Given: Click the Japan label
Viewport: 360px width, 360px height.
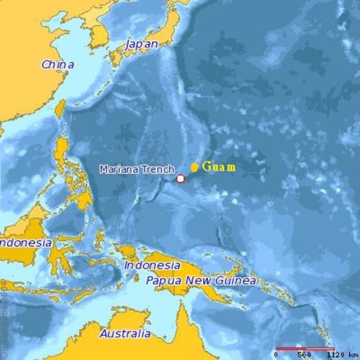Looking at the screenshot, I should pyautogui.click(x=142, y=43).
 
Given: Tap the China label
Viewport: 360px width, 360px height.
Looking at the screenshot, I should pyautogui.click(x=57, y=64).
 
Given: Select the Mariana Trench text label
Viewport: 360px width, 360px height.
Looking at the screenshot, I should pyautogui.click(x=137, y=169).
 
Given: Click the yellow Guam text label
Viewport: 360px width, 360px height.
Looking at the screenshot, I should pyautogui.click(x=219, y=166).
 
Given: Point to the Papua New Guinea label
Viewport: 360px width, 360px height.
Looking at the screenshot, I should pyautogui.click(x=201, y=280).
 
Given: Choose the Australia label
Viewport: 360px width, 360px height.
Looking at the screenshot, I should pyautogui.click(x=125, y=334).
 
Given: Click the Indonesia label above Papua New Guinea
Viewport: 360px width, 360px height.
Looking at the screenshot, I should pyautogui.click(x=152, y=265).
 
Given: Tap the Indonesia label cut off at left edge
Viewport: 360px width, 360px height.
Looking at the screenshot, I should pyautogui.click(x=26, y=243).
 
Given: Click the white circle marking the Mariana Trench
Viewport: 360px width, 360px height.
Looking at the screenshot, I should pyautogui.click(x=181, y=179).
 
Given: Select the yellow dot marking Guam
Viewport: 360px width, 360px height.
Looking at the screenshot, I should pyautogui.click(x=194, y=167).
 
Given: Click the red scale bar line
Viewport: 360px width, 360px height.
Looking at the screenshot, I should pyautogui.click(x=304, y=349).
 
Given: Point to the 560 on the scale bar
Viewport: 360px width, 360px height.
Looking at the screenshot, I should pyautogui.click(x=304, y=355).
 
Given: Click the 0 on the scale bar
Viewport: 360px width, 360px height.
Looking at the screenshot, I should pyautogui.click(x=276, y=355).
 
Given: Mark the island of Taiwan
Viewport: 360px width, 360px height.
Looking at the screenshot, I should pyautogui.click(x=60, y=108).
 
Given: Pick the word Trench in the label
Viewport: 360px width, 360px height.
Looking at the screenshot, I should pyautogui.click(x=161, y=169).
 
